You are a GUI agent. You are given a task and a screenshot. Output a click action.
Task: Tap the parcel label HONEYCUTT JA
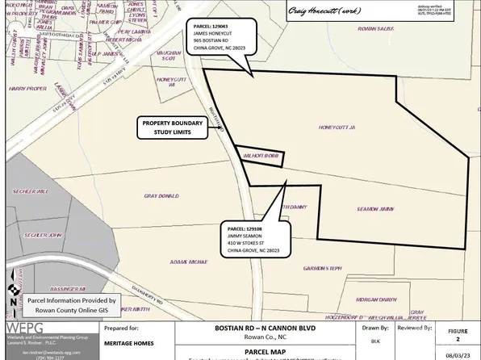338,127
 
